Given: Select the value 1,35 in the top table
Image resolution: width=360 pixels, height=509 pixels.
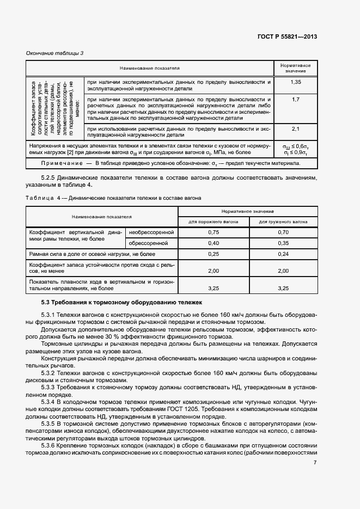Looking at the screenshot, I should pos(296,82).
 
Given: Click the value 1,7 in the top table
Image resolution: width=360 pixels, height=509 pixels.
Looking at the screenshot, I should pos(296,100).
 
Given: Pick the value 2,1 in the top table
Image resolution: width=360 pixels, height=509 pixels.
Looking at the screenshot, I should pos(296,128).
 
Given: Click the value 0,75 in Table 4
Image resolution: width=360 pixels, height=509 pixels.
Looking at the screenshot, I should pos(213,232).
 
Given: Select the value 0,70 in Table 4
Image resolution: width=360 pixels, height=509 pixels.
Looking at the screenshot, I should pos(283,232).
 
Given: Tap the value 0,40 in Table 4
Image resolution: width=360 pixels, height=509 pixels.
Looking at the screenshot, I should pos(213,243).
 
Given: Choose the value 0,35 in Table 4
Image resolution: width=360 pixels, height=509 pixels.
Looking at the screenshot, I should pos(283,243).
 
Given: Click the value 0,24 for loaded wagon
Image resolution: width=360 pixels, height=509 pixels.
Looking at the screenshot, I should pos(283,254).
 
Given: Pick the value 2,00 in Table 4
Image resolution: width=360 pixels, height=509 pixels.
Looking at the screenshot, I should pos(213,271).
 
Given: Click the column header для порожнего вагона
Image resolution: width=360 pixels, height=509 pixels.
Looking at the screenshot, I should pos(213,222).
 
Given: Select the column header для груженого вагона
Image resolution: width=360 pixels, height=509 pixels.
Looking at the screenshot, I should pos(283,222).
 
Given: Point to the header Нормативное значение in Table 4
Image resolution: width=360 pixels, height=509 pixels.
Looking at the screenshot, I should pos(248,211).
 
